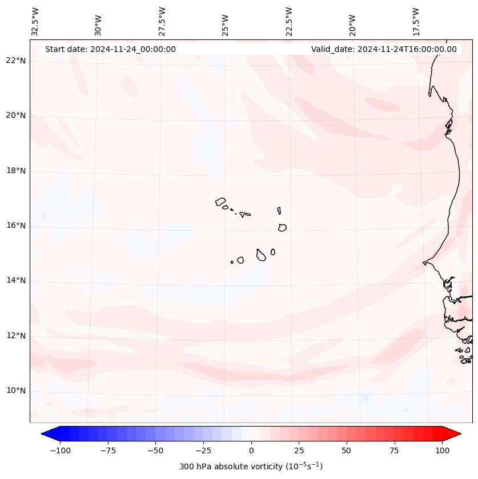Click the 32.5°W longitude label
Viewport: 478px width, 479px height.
coord(35,21)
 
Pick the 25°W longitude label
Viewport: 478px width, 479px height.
coord(226,25)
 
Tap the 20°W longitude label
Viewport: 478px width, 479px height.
coord(352,25)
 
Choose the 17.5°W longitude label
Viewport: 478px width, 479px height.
coord(416,21)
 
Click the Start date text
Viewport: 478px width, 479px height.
coord(110,49)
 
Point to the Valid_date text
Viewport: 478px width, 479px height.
coord(384,49)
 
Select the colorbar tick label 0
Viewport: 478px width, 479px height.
coord(251,450)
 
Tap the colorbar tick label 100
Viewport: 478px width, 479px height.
coord(443,450)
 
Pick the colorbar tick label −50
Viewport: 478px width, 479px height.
coord(155,450)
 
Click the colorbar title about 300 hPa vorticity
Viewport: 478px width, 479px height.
coord(251,466)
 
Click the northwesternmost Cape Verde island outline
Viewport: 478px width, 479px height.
coord(220,201)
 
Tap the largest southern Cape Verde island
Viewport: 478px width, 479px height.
coord(261,255)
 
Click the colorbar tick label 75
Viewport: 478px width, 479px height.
coord(395,450)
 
